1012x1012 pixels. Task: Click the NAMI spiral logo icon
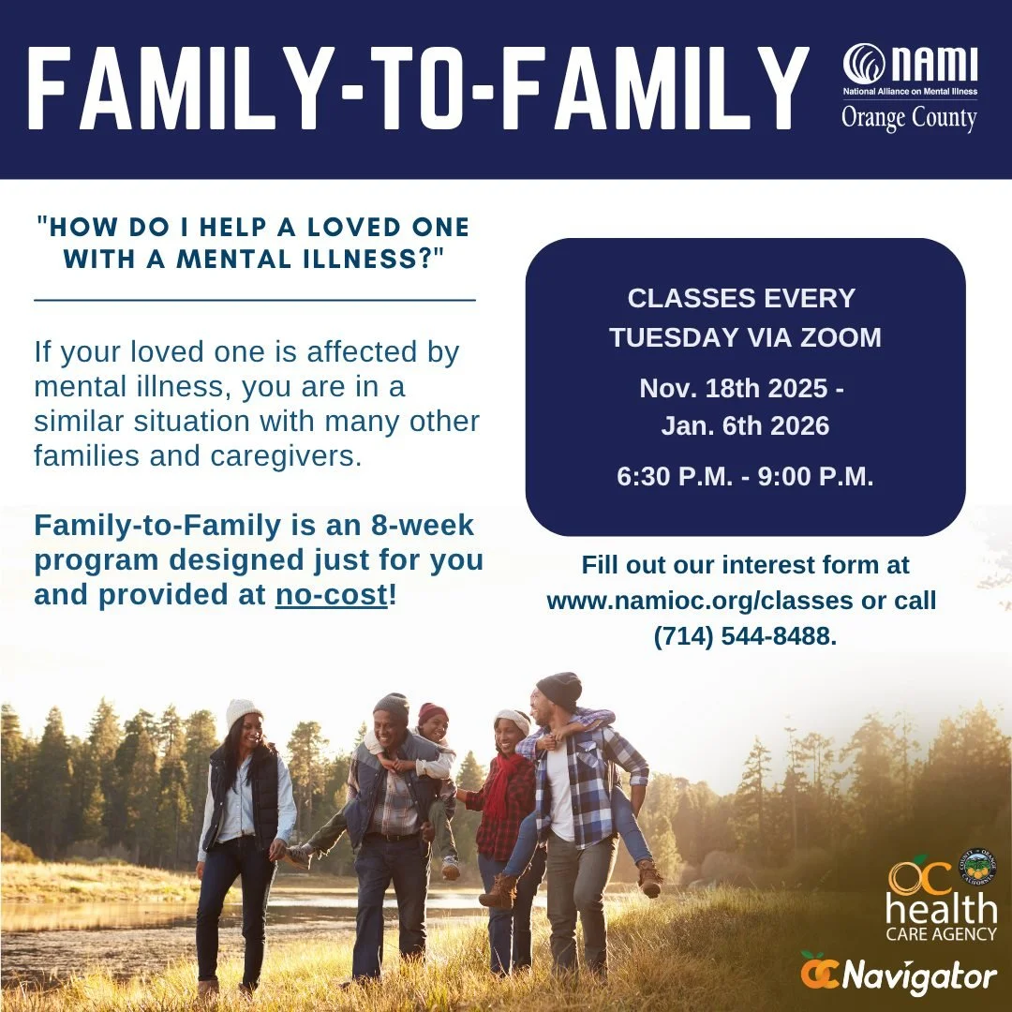pos(864,65)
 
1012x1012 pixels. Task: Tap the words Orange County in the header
pos(908,119)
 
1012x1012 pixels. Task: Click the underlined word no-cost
pos(331,595)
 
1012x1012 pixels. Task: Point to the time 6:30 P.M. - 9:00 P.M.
pos(745,476)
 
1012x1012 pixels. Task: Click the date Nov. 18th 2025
pos(734,388)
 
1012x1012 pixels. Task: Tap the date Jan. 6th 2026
pos(745,426)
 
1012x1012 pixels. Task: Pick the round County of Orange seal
pos(980,866)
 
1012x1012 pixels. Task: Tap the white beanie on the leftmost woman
pos(243,712)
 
